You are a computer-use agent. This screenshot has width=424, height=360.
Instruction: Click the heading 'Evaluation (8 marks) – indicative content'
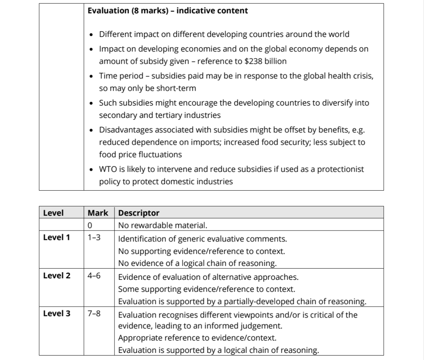pyautogui.click(x=167, y=10)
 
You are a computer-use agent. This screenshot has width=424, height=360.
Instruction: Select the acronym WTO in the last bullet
pyautogui.click(x=107, y=169)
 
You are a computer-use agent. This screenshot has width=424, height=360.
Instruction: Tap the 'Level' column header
pyautogui.click(x=53, y=213)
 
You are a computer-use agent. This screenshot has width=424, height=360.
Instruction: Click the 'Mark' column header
pyautogui.click(x=98, y=213)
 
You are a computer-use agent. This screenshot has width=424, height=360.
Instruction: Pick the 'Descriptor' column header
pyautogui.click(x=139, y=213)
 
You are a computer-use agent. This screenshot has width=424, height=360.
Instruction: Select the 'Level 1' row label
pyautogui.click(x=56, y=237)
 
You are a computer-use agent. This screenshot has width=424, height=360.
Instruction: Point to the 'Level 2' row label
pyautogui.click(x=56, y=276)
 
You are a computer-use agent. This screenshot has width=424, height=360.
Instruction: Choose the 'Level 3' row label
pyautogui.click(x=56, y=313)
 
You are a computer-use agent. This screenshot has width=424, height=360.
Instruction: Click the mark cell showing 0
pyautogui.click(x=90, y=225)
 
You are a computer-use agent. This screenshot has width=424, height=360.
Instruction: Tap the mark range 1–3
pyautogui.click(x=94, y=237)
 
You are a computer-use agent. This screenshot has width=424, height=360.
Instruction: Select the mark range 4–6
pyautogui.click(x=94, y=276)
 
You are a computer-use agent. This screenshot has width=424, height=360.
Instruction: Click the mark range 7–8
pyautogui.click(x=94, y=313)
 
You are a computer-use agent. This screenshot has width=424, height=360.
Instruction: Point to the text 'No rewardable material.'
pyautogui.click(x=162, y=225)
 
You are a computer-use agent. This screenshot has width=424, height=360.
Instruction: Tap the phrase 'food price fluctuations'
pyautogui.click(x=140, y=154)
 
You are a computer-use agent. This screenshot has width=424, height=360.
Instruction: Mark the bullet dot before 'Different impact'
pyautogui.click(x=92, y=35)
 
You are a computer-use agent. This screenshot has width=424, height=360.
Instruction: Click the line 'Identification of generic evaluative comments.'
pyautogui.click(x=202, y=238)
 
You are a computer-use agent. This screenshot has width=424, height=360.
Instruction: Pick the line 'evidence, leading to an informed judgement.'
pyautogui.click(x=200, y=326)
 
